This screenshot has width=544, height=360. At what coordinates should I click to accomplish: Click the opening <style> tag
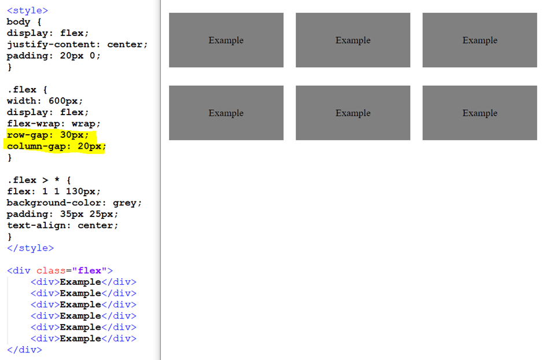point(27,10)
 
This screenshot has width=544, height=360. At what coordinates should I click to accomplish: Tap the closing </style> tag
point(30,248)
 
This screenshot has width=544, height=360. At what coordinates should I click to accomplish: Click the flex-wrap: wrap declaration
point(54,124)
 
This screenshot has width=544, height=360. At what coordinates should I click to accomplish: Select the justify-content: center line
point(78,45)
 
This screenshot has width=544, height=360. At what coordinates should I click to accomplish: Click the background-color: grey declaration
point(74,203)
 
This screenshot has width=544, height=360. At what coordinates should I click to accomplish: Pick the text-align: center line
point(63,226)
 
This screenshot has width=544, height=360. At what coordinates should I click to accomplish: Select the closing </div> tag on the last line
point(24,350)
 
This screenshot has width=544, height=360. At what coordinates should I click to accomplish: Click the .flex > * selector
point(35,181)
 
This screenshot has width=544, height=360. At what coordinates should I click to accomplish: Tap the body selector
point(19,22)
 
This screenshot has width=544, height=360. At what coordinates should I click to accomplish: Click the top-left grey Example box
point(226,40)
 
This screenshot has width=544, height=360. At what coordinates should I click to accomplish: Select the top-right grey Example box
point(479,40)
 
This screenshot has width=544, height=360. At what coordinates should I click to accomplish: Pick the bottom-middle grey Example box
point(352,113)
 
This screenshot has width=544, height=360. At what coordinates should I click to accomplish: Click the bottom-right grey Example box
point(479,113)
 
